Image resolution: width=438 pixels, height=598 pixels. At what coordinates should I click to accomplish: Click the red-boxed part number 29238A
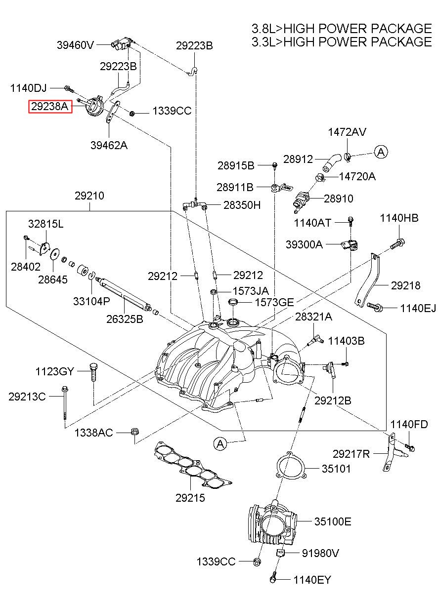pos(50,107)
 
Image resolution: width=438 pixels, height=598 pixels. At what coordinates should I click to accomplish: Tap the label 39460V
pos(75,45)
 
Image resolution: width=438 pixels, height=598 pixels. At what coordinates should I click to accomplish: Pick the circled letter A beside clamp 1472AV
pos(381,152)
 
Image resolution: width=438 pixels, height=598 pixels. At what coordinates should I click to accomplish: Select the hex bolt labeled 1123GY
pos(93,372)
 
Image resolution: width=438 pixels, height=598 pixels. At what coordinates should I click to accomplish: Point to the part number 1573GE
pos(274,303)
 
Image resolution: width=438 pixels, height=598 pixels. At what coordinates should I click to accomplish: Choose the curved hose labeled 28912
pos(332,162)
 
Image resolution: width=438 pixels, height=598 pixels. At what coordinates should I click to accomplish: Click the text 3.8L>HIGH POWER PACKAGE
pos(342,28)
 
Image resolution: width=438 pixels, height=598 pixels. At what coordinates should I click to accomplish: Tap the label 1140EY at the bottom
pos(312,587)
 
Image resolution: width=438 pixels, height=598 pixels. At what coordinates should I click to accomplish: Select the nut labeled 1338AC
pos(134,431)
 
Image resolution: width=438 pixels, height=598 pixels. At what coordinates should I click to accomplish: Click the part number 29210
pos(89,196)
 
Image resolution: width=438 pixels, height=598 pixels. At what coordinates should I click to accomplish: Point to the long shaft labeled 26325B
pos(125,294)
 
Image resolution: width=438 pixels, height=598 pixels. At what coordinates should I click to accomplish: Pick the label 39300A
pos(304,244)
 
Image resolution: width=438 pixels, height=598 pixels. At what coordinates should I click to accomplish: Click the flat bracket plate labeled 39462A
pos(113,112)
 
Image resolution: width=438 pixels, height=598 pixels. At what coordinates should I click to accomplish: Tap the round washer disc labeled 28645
pos(55,254)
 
